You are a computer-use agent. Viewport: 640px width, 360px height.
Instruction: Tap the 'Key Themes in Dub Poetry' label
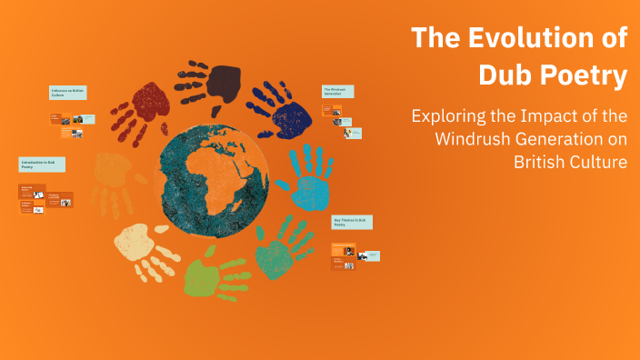click(351, 223)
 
